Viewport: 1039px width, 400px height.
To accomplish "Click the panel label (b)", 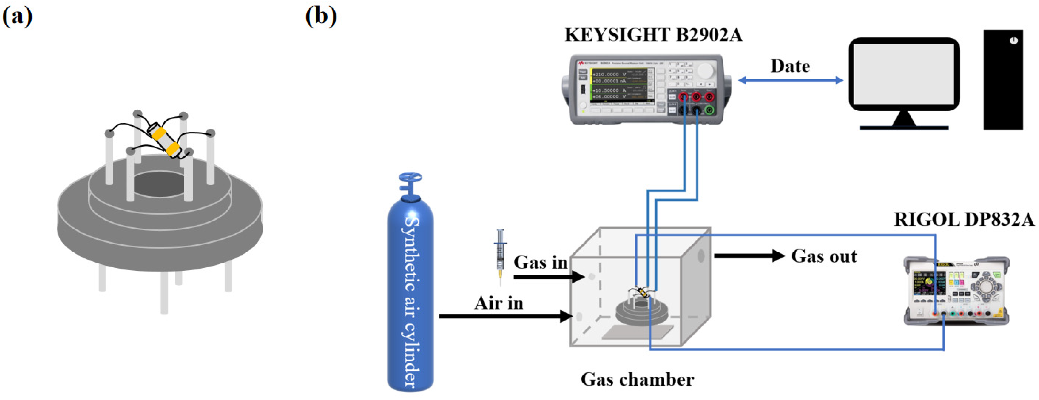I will click(x=321, y=17).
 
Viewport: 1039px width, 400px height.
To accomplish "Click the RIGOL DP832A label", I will click(x=964, y=220).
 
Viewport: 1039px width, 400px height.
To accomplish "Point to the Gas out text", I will click(x=824, y=256).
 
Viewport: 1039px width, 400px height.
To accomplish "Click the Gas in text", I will click(x=540, y=263).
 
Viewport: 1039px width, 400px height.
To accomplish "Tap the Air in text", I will click(x=499, y=303).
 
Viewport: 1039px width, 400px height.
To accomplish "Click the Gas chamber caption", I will click(x=637, y=379).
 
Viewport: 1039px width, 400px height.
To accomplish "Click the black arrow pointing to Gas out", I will click(x=749, y=256).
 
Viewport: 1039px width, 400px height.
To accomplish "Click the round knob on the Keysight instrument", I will click(x=705, y=71).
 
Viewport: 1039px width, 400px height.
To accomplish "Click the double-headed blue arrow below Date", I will click(x=790, y=80).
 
